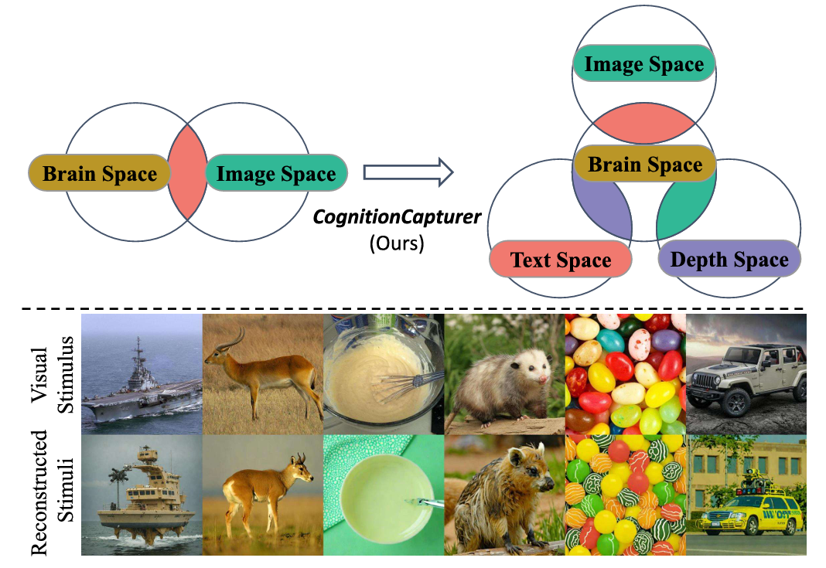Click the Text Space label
tap(561, 260)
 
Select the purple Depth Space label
tap(729, 260)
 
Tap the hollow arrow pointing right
tap(407, 172)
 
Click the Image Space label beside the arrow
tap(275, 174)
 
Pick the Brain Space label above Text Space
tap(644, 164)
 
